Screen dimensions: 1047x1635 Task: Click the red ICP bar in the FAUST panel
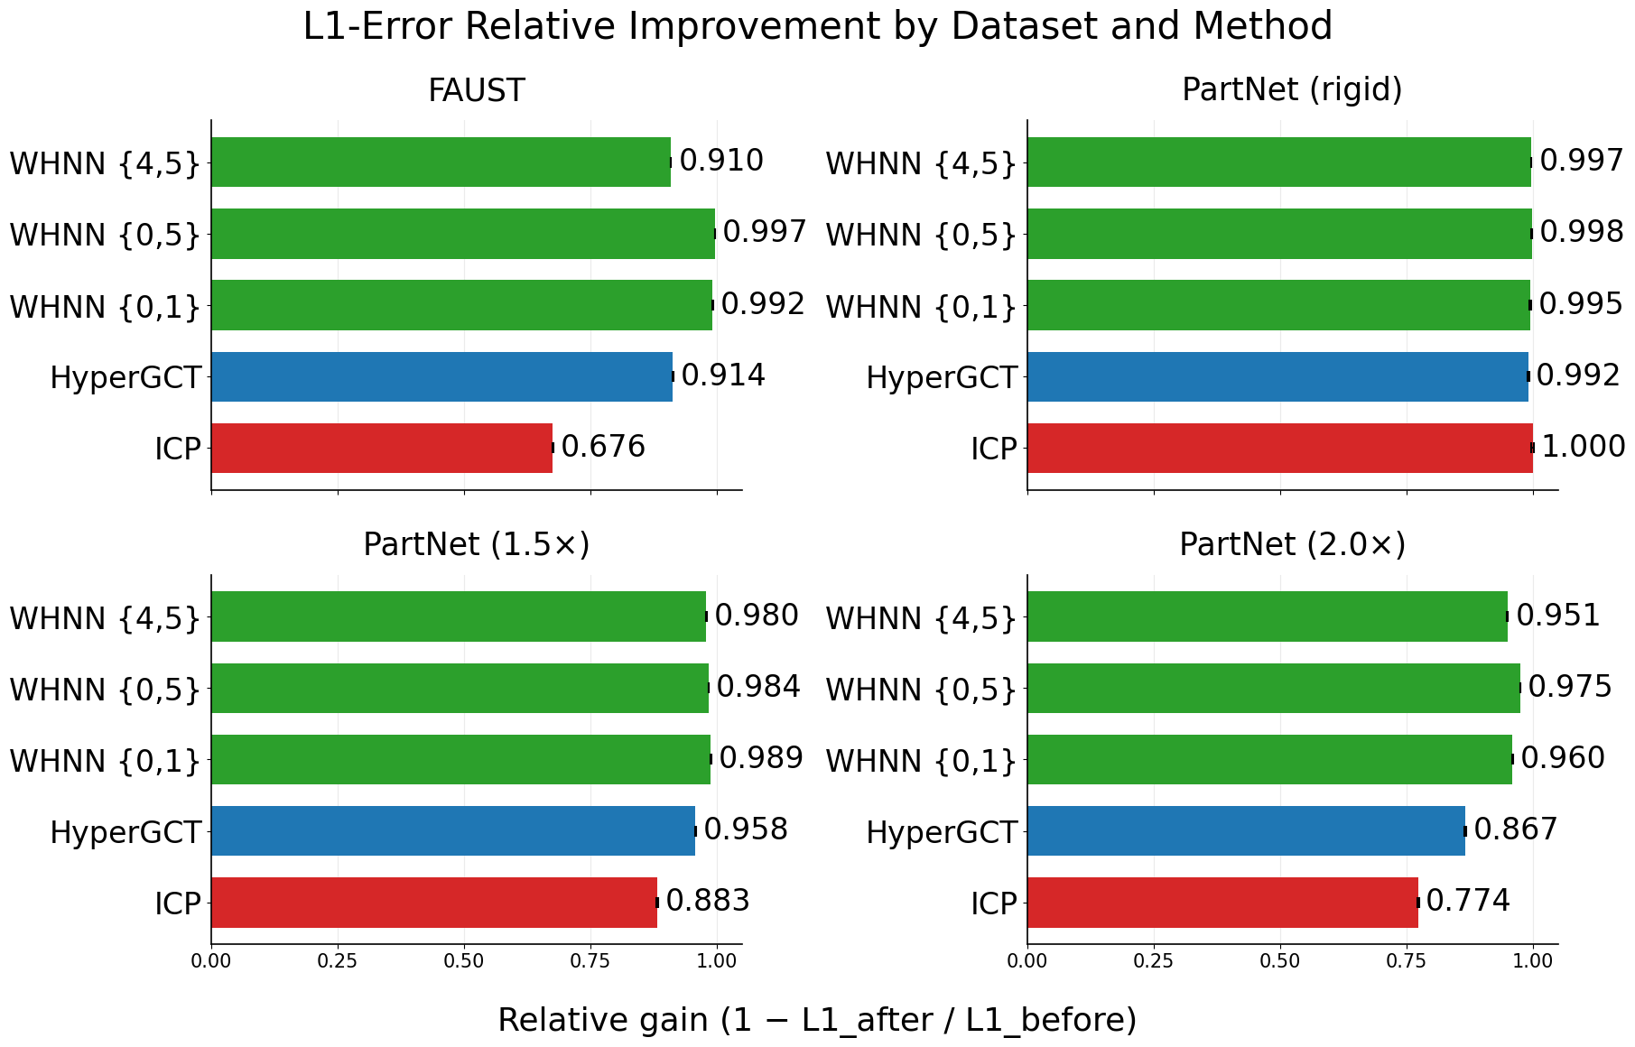coord(382,448)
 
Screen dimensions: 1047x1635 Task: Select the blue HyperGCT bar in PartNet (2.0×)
coord(1246,830)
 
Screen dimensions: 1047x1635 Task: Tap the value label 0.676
coord(603,447)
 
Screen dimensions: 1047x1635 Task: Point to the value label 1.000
coord(1583,447)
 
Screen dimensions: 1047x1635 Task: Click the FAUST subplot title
coord(476,91)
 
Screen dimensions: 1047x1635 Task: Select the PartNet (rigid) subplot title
coord(1292,90)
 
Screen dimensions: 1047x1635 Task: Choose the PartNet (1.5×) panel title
coord(476,545)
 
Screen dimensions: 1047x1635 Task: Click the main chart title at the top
coord(817,27)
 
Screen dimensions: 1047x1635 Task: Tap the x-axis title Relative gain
coord(817,1020)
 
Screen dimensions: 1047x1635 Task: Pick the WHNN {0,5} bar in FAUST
coord(463,234)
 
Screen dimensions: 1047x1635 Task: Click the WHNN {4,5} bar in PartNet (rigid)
coord(1278,162)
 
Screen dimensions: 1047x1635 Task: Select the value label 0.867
coord(1516,829)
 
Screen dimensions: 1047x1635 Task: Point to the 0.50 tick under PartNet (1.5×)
coord(464,962)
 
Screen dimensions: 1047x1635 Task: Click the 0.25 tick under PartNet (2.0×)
coord(1154,962)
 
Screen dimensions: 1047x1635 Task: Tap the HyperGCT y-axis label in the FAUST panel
coord(125,377)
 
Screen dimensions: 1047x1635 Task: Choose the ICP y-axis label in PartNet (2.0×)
coord(994,903)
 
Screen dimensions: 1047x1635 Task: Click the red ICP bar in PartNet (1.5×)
coord(434,902)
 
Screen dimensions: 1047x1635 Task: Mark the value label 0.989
coord(760,758)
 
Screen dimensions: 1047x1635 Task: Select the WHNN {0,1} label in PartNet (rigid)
coord(921,307)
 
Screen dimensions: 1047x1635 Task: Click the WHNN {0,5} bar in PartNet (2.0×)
coord(1273,688)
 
